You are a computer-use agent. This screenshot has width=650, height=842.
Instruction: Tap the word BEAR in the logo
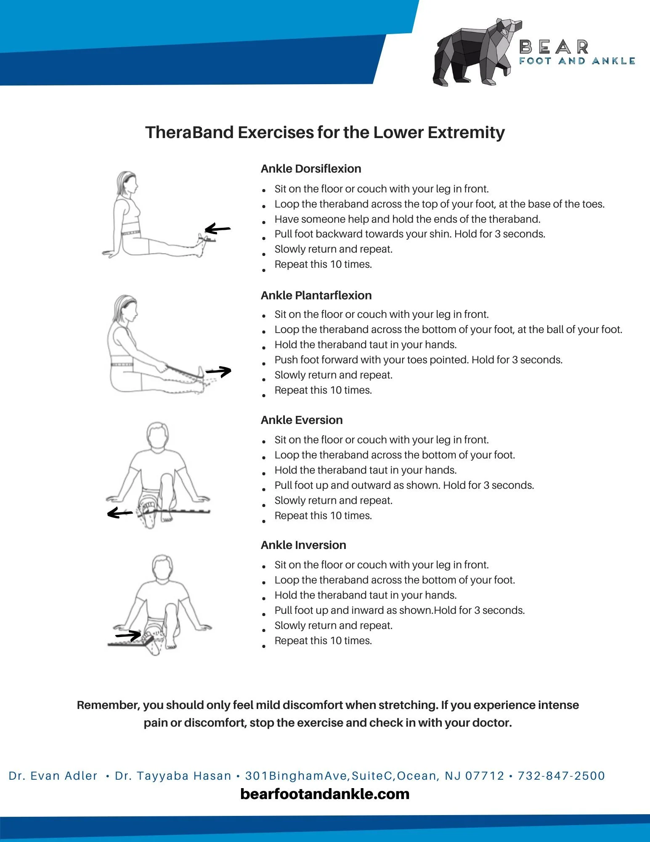(x=554, y=47)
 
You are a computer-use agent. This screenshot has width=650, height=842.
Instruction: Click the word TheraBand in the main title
(x=190, y=133)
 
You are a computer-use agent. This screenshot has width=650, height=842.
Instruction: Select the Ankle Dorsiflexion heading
(x=311, y=169)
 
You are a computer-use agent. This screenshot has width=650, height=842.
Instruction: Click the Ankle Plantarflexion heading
(x=316, y=296)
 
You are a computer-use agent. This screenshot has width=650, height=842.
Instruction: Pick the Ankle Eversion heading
(x=302, y=420)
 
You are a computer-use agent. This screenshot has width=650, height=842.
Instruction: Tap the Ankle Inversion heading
(x=303, y=545)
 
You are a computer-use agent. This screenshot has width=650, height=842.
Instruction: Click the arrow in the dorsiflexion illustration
(x=218, y=229)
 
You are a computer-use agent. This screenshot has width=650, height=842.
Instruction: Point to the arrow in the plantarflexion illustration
(x=219, y=371)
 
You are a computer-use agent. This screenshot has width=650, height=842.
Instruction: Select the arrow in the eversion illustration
(x=120, y=513)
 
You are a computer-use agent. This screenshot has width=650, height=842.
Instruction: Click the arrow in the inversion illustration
(x=128, y=634)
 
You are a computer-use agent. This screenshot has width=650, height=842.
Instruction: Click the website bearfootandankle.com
(x=325, y=794)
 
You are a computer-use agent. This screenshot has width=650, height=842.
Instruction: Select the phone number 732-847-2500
(x=561, y=776)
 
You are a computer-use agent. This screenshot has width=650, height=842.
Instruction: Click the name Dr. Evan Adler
(x=53, y=776)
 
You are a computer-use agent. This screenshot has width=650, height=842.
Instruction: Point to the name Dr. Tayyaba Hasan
(x=173, y=776)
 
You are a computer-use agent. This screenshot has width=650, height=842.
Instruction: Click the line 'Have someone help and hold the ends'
(x=407, y=219)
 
